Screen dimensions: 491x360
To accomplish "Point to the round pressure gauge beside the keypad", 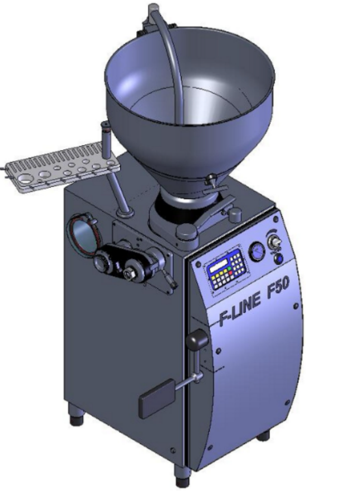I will tap(257, 252).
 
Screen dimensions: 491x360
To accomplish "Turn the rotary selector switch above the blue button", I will tap(274, 242).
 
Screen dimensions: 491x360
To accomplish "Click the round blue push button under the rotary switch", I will tap(278, 258).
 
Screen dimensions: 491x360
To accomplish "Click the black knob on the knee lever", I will tap(197, 339).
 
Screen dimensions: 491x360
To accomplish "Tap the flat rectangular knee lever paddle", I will tap(156, 398).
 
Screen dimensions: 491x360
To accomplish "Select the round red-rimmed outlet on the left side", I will tap(83, 233).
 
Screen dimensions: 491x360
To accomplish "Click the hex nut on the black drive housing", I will tap(128, 273).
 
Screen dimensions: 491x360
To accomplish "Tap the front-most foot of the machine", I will tap(182, 478).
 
